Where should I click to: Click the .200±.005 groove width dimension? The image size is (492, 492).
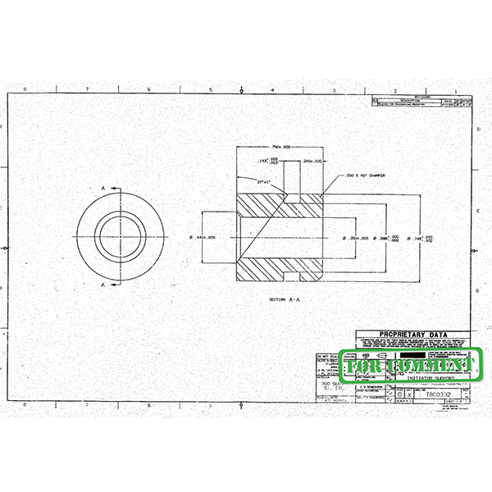312,162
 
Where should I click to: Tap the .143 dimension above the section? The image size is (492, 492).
267,162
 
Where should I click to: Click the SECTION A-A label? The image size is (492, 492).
285,300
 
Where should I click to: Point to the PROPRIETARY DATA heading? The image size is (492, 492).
413,335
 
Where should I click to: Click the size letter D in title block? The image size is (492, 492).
399,394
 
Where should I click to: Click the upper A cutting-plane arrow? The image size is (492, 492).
107,189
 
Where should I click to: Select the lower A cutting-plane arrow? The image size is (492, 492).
107,284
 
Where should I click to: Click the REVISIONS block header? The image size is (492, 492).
423,96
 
